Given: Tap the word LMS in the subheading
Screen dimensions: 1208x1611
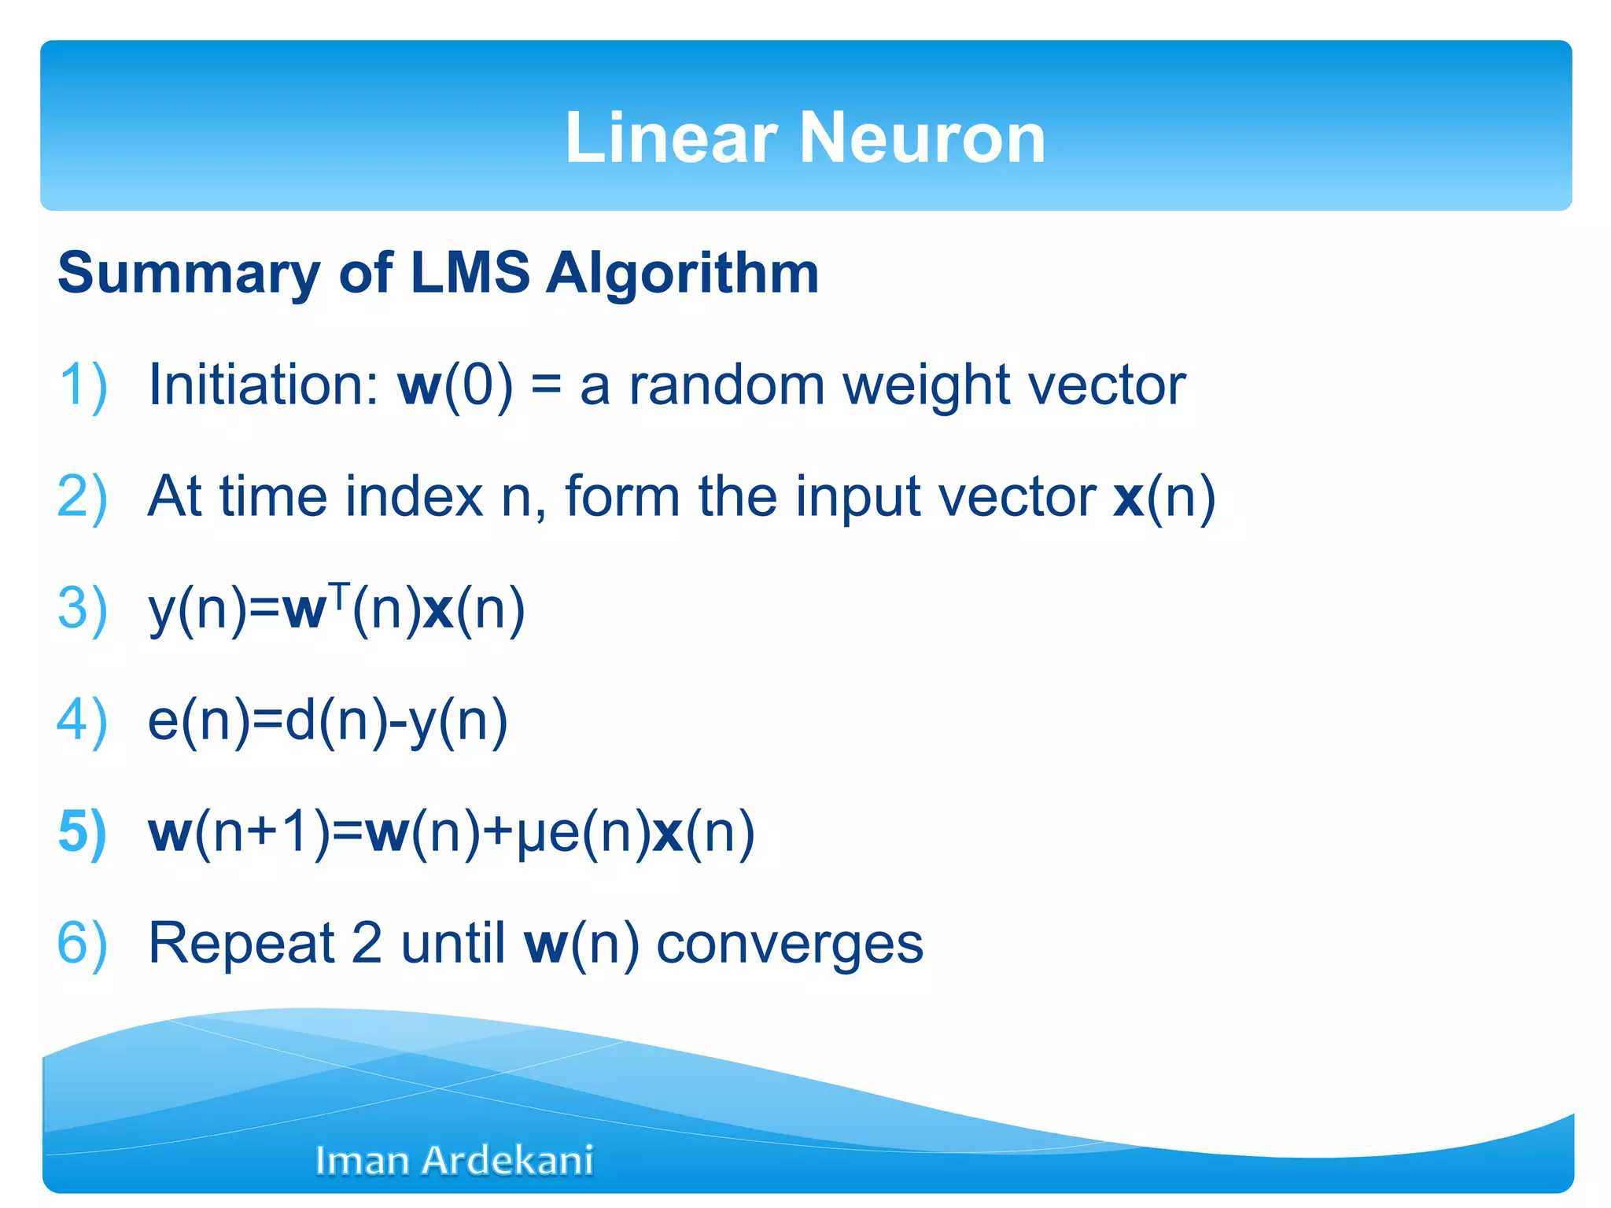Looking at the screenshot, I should click(x=470, y=273).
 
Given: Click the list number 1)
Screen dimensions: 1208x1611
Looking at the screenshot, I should click(x=83, y=385).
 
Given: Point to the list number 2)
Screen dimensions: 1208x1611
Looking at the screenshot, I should click(x=83, y=497).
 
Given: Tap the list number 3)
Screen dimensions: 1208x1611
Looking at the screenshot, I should click(x=83, y=609).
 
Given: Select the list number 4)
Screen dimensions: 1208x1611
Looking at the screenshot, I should click(x=83, y=720).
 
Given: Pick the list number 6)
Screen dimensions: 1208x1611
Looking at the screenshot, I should click(x=83, y=944).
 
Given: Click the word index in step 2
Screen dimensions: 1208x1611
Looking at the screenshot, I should click(x=414, y=497).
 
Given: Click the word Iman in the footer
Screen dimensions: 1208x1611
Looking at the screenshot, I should click(x=362, y=1161).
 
